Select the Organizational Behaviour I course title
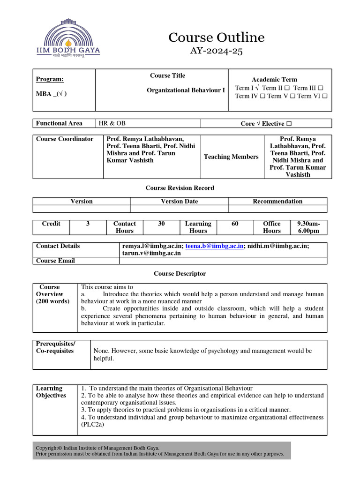coord(186,90)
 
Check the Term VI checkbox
coord(324,96)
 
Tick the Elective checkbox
coord(289,124)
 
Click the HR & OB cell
coord(112,123)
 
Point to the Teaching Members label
coord(231,157)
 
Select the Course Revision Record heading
coord(180,188)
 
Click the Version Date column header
coord(179,201)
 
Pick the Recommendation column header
coord(277,201)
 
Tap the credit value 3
coord(88,224)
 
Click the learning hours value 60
coord(235,224)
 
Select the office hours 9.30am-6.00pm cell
coord(308,227)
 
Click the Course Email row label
coord(55,261)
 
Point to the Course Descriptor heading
coord(180,273)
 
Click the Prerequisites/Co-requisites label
coord(56,347)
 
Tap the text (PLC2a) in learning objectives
coord(92,425)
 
